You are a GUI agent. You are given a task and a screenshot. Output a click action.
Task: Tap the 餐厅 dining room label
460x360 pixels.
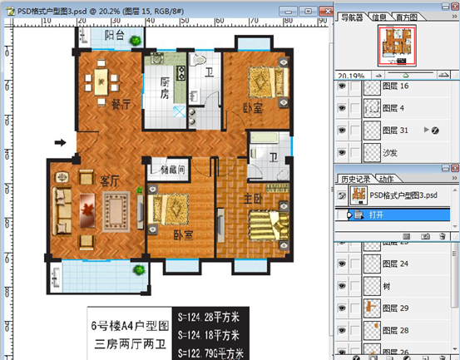(x=121, y=105)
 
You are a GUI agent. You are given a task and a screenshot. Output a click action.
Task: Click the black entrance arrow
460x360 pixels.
(x=61, y=142)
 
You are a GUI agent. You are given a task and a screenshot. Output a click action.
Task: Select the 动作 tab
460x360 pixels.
(x=387, y=179)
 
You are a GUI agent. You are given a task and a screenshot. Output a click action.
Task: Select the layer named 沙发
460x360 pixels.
(x=391, y=152)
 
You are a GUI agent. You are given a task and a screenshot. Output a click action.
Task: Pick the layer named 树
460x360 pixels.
(x=386, y=286)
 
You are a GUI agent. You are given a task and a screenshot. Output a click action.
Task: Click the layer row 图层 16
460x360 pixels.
(x=395, y=86)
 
